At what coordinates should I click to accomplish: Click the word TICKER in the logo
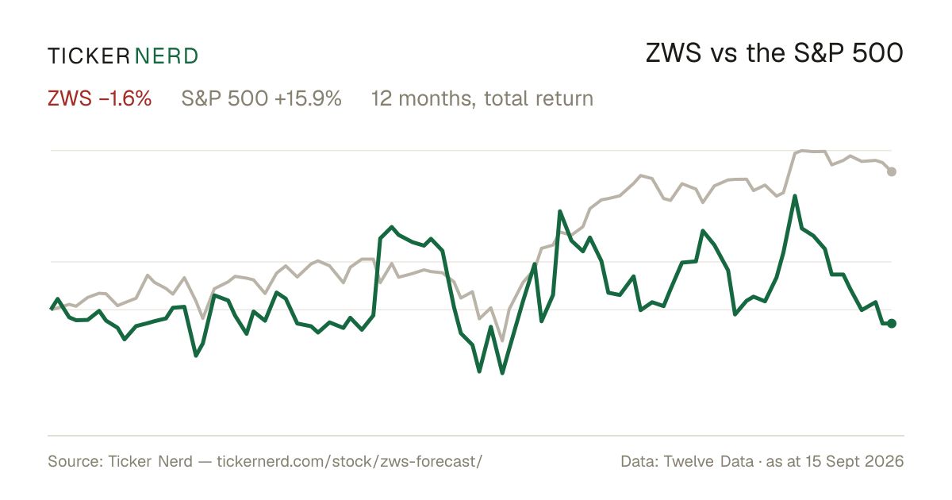click(x=89, y=56)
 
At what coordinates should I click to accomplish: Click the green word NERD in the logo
click(x=166, y=56)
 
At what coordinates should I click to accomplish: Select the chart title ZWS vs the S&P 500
click(x=774, y=54)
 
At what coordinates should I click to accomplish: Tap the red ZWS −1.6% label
click(x=99, y=98)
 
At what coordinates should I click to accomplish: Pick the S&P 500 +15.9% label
click(x=261, y=98)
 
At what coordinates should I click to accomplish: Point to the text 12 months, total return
click(x=482, y=99)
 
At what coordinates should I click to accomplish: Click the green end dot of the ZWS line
click(x=892, y=324)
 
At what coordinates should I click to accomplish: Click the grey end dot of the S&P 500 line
click(x=892, y=171)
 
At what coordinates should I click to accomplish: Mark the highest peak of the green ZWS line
click(x=795, y=196)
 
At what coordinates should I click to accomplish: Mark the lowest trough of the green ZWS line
click(x=502, y=373)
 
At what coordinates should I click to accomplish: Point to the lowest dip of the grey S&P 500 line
click(x=502, y=340)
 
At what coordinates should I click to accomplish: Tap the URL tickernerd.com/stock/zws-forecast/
click(x=349, y=461)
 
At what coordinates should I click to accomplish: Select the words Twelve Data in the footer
click(x=708, y=461)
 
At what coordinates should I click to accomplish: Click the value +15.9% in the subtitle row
click(x=308, y=98)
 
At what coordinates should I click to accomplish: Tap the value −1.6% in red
click(x=125, y=98)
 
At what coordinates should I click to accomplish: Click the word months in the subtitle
click(x=436, y=98)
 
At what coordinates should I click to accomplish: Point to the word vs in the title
click(x=724, y=56)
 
